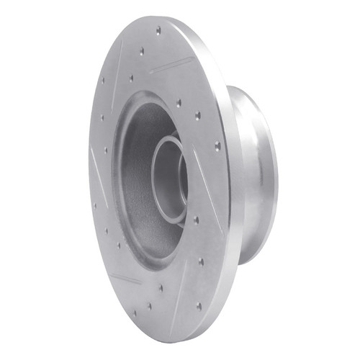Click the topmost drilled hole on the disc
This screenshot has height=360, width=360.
pos(158,30)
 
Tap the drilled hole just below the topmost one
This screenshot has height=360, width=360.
pos(142,50)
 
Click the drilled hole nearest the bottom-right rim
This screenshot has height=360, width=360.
pos(199,305)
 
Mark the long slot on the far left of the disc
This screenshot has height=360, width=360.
pos(97,167)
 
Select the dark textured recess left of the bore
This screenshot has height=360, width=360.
pos(133,180)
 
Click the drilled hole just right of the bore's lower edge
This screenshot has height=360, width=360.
pos(195,220)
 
